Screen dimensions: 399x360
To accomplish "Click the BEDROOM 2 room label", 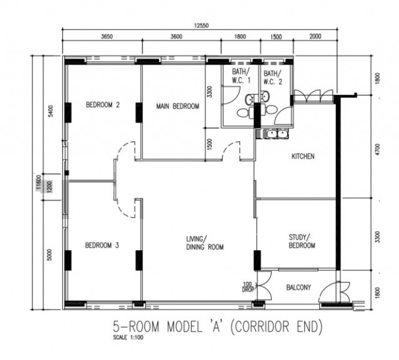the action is coord(102,105).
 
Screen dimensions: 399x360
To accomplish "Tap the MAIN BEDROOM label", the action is coord(178,106).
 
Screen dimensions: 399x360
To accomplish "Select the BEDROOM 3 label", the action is coord(102,245).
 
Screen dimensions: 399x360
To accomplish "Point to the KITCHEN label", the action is coord(303,156).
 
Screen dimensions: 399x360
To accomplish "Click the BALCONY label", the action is coord(299,288).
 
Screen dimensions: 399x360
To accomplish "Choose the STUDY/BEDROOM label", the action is coord(302,241).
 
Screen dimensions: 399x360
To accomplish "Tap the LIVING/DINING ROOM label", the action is coord(205,243).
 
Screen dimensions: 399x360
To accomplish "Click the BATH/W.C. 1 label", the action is coord(241,76).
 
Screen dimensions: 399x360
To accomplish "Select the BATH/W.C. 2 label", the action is coord(273,77).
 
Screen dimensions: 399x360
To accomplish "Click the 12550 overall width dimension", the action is coord(201,26).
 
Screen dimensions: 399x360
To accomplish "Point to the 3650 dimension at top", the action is coord(107,37).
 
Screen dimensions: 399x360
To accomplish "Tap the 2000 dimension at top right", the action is coord(315,36).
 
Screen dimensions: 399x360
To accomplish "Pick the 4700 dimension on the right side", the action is coord(377,149).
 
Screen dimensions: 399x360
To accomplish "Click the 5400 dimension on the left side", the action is coord(50,111).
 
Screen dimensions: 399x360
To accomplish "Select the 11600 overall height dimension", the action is coord(39,182).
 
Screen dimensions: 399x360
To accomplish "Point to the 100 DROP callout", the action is coord(248,286).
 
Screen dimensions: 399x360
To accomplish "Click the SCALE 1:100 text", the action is coord(128,338).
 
